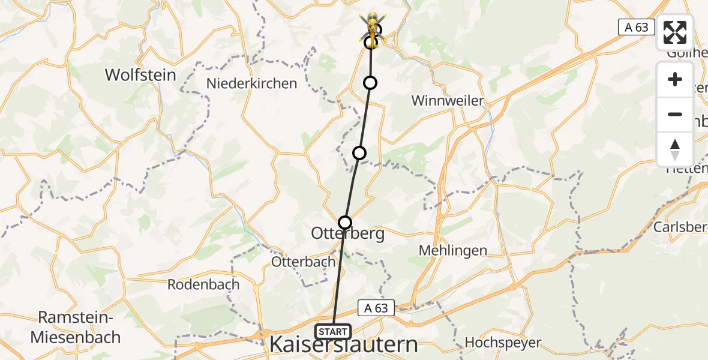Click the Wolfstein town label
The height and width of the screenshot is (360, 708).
pyautogui.click(x=140, y=75)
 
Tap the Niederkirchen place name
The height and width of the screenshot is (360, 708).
pyautogui.click(x=252, y=83)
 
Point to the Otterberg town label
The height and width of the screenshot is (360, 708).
pyautogui.click(x=348, y=233)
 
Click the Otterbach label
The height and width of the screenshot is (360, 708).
pyautogui.click(x=303, y=262)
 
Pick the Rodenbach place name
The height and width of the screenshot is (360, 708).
pyautogui.click(x=203, y=284)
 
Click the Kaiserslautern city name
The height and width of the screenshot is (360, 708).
pyautogui.click(x=344, y=345)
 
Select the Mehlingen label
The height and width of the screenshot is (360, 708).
pyautogui.click(x=453, y=250)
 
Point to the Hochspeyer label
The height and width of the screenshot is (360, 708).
pyautogui.click(x=503, y=343)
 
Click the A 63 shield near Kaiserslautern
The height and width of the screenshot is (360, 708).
pyautogui.click(x=376, y=308)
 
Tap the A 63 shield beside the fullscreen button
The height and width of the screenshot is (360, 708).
pyautogui.click(x=637, y=26)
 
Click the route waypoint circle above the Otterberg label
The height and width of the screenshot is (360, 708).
pyautogui.click(x=345, y=223)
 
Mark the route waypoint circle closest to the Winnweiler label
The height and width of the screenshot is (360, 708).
pyautogui.click(x=370, y=83)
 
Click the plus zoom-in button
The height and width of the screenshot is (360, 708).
pyautogui.click(x=675, y=79)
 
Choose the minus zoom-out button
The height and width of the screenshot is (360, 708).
pyautogui.click(x=675, y=114)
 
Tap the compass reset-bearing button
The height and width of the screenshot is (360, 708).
pyautogui.click(x=675, y=149)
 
